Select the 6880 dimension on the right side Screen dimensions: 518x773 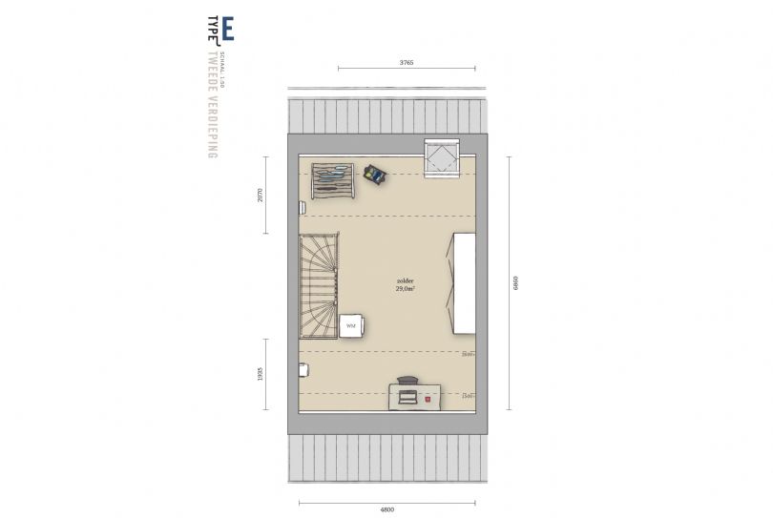(516, 283)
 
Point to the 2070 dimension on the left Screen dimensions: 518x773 (260, 195)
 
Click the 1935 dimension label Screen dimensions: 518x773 (260, 374)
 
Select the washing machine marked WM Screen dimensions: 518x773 (350, 326)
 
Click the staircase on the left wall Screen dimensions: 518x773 (319, 285)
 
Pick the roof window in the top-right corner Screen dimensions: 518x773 (442, 158)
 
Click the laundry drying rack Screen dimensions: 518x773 (332, 180)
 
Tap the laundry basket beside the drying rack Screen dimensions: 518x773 (374, 174)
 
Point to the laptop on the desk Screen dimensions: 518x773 (408, 395)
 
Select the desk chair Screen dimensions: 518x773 (407, 381)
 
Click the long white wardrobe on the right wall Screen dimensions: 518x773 (464, 282)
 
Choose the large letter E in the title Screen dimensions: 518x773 (227, 31)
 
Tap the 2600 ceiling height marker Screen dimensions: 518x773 (467, 355)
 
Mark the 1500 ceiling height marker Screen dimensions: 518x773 (467, 396)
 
